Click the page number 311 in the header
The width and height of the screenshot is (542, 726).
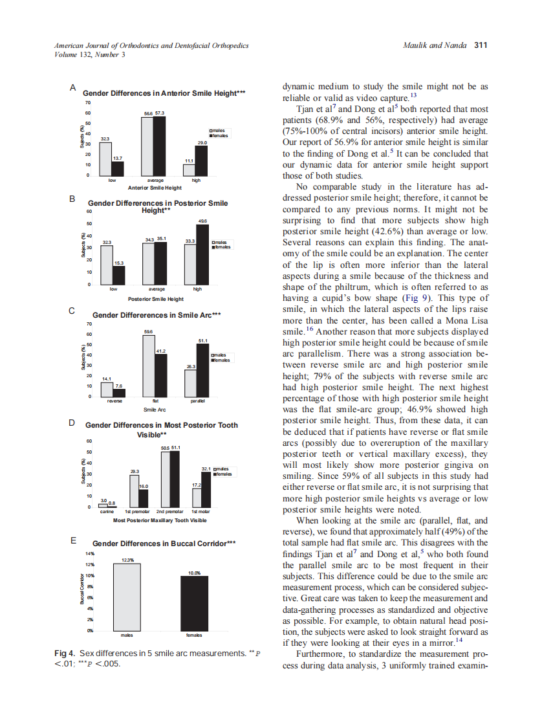click(481, 45)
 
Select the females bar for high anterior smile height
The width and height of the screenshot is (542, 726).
click(202, 160)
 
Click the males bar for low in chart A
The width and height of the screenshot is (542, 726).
click(105, 159)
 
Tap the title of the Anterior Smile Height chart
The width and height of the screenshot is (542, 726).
click(164, 93)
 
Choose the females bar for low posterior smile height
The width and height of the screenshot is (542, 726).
click(118, 276)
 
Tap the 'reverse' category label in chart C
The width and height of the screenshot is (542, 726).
click(113, 402)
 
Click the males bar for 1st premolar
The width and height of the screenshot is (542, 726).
click(135, 491)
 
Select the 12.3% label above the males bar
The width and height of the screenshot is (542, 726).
click(127, 560)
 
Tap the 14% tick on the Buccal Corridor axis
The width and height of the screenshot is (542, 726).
click(90, 555)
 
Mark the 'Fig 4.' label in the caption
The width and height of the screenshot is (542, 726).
click(65, 654)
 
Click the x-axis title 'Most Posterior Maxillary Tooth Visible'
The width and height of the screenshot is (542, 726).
click(159, 520)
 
